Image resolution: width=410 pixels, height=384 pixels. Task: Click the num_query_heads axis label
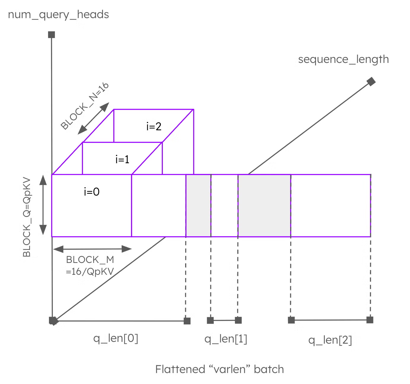pos(58,15)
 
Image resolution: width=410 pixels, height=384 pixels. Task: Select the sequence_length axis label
pos(343,59)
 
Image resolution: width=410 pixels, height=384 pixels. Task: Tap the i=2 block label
pos(154,126)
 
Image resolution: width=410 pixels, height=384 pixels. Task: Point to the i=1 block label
pos(122,159)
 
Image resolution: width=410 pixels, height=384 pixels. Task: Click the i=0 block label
pos(92,192)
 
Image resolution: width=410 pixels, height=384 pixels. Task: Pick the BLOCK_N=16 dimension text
pos(85,106)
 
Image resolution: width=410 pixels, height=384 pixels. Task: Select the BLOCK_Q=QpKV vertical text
pos(27,217)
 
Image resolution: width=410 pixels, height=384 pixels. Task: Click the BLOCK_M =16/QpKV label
pos(90,266)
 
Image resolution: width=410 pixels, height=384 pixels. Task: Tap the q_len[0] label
pos(116,338)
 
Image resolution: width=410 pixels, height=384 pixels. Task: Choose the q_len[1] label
pos(226,339)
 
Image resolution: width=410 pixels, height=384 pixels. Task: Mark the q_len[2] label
pos(330,340)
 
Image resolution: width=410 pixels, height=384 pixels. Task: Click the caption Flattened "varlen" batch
pos(220,369)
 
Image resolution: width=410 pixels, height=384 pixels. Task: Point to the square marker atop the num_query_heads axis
pos(52,35)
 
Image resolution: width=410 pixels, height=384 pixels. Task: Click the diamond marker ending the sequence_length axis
pos(371,81)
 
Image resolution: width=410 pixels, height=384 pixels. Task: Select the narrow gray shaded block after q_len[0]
pos(198,205)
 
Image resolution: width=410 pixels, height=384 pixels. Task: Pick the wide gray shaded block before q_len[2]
pos(264,205)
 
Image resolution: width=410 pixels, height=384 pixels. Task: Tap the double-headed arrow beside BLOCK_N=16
pos(93,118)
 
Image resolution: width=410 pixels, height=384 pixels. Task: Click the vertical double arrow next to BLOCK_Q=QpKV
pos(43,205)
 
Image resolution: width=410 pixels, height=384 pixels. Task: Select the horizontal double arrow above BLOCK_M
pos(92,249)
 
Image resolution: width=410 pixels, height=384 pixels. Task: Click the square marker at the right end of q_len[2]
pos(370,320)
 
